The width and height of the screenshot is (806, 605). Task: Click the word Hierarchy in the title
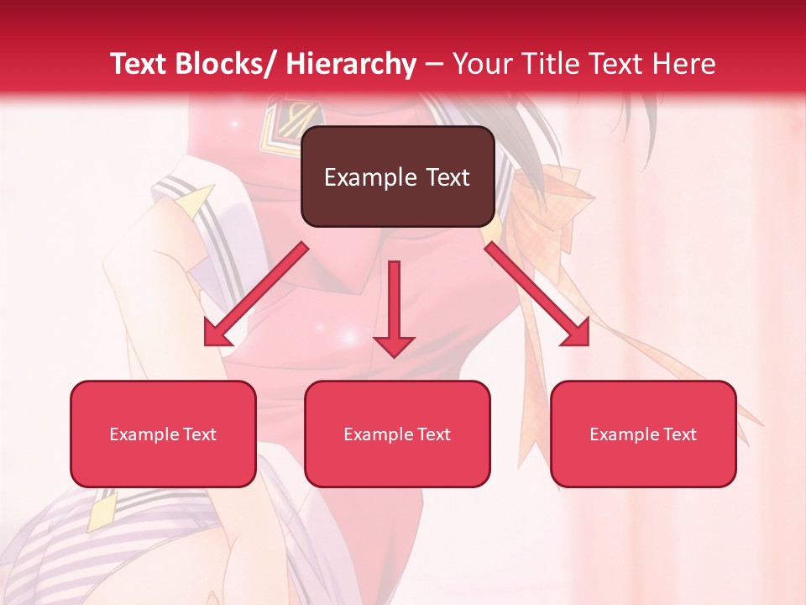(x=351, y=64)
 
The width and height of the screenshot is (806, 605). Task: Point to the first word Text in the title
(x=139, y=64)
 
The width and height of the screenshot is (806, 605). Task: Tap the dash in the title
(x=434, y=64)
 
